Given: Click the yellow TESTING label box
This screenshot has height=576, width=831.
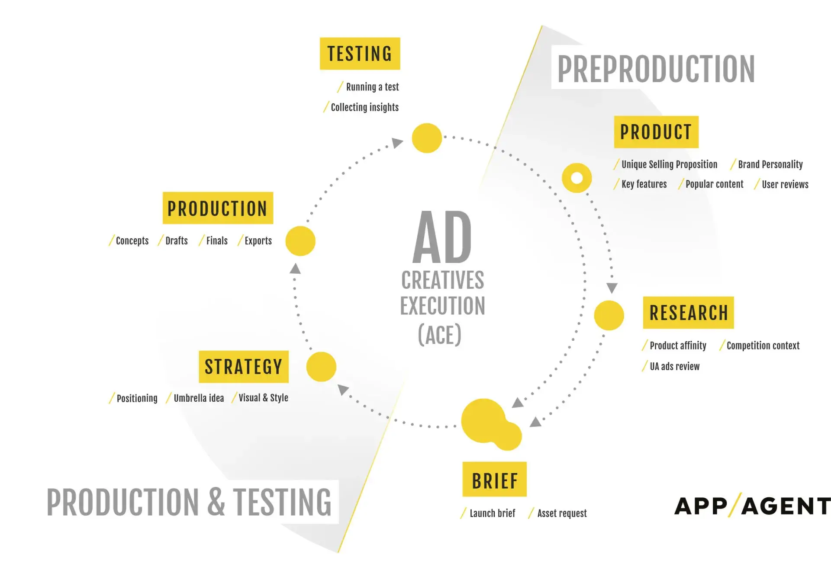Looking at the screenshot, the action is point(360,54).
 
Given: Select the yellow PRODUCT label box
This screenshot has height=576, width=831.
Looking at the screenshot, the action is point(656,132).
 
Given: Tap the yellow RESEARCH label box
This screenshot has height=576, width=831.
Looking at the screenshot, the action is point(688,313).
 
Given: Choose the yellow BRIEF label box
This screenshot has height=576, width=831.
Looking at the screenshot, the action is point(495,479).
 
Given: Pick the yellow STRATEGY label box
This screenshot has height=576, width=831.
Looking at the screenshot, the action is point(244,367).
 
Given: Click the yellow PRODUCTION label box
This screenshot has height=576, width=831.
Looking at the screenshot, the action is point(218,208).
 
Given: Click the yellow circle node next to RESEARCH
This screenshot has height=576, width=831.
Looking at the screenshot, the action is point(609,315).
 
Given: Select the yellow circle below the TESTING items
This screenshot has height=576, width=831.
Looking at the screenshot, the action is point(427,138).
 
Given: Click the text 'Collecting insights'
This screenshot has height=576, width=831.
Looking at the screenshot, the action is point(365,107).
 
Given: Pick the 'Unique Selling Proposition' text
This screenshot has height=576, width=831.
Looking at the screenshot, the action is point(669,164).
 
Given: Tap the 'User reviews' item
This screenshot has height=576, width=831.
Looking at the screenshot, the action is point(785,184).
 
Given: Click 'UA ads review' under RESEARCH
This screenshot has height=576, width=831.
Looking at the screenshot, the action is point(674,366).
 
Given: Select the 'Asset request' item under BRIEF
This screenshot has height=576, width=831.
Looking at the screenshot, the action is point(562,513).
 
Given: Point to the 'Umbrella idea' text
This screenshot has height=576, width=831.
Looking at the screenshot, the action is point(199,398).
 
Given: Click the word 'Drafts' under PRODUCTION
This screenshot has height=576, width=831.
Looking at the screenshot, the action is point(177,240).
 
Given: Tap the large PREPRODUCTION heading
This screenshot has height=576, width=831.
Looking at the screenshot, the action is point(656,69).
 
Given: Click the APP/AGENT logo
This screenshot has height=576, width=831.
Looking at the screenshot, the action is point(752,506).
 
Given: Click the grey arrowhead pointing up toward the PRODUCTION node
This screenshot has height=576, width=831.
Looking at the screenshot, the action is point(295,269).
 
